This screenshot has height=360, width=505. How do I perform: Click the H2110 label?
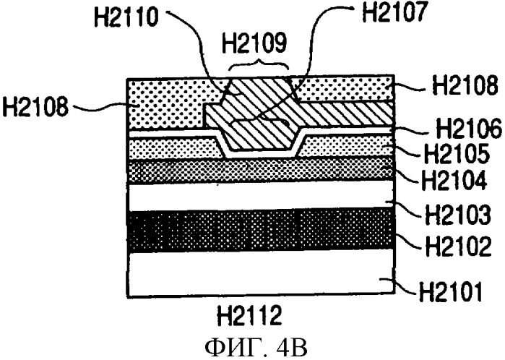126,17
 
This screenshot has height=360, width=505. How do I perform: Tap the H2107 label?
395,12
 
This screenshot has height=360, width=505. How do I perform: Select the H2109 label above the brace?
254,43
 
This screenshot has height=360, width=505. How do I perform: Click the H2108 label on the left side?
35,106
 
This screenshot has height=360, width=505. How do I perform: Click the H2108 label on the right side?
465,85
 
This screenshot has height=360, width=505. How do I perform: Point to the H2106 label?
470,128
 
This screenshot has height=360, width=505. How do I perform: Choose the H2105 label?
457,154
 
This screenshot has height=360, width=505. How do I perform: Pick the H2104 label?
454,181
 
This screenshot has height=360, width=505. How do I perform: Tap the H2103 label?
458,214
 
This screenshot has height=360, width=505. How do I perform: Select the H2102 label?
458,246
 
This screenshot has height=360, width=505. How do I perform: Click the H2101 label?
451,291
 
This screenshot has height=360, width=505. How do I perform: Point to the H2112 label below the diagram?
249,316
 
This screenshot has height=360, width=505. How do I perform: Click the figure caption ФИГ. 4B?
256,348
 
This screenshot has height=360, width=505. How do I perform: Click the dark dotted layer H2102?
261,229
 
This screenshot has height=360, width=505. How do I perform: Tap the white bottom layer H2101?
261,273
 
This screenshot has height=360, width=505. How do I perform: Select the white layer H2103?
261,197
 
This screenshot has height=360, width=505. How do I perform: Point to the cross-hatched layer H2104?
261,170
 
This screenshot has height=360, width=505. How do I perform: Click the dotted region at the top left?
168,104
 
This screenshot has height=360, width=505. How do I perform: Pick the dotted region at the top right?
343,89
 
